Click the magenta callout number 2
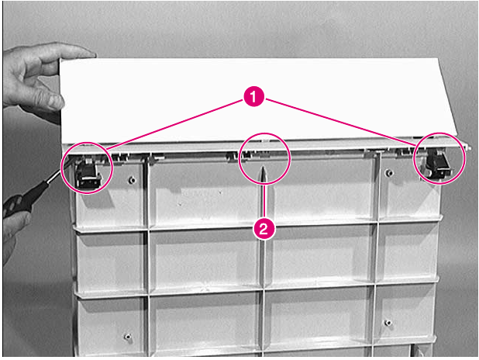click(265, 229)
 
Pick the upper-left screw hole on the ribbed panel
click(133, 179)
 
